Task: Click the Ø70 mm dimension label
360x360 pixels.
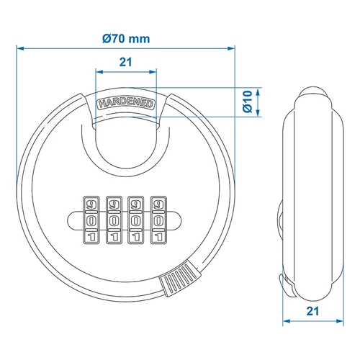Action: click(126, 39)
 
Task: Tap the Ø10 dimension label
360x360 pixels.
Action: click(248, 102)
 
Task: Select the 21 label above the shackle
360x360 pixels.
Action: click(125, 62)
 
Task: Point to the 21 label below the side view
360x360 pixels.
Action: click(312, 311)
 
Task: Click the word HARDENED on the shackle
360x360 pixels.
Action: click(125, 104)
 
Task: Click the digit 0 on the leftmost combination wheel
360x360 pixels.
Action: click(91, 220)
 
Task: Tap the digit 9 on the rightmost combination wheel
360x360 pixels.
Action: click(158, 204)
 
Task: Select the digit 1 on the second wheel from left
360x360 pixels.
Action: click(114, 237)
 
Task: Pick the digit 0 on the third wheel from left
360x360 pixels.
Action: click(136, 220)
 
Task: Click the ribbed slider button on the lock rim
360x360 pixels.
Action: click(179, 279)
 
